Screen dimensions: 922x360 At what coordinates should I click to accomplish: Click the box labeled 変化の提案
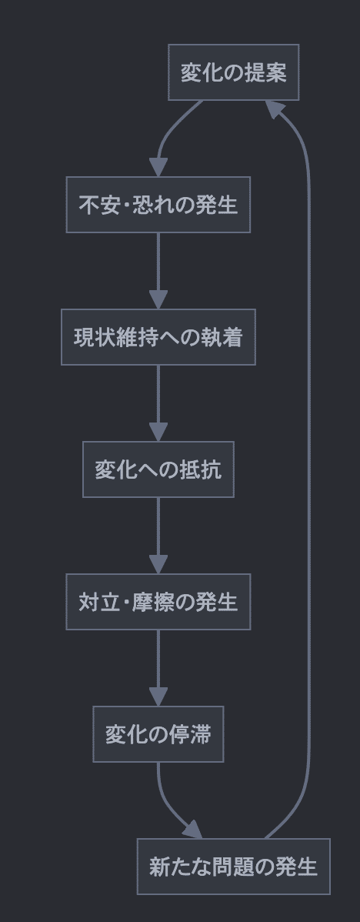[x=233, y=72]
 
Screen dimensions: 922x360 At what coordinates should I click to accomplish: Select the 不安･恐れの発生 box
[x=158, y=205]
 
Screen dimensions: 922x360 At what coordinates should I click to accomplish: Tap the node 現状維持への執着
[x=158, y=337]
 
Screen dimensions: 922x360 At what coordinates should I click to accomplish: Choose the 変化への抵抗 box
[x=158, y=469]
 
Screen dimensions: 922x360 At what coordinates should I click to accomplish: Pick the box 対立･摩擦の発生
[x=158, y=602]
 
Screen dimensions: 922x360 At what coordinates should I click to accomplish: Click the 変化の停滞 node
[x=158, y=734]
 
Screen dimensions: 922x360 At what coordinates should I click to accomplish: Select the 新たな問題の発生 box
[x=233, y=867]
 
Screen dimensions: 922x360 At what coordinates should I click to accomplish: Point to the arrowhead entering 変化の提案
[x=276, y=109]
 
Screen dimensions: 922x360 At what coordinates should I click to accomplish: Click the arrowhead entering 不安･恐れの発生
[x=158, y=168]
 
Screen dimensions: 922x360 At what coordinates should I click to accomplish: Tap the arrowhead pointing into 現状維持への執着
[x=158, y=300]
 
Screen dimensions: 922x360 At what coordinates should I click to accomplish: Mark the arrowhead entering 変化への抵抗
[x=158, y=433]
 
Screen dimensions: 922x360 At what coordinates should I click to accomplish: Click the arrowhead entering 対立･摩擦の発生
[x=158, y=565]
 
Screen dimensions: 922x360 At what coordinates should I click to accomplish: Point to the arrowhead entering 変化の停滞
[x=158, y=697]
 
